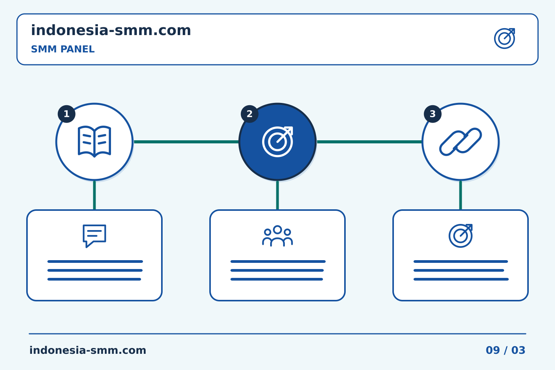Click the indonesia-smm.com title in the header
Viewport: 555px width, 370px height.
[111, 30]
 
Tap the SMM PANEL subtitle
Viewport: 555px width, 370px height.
[63, 49]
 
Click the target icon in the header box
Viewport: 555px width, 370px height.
[505, 39]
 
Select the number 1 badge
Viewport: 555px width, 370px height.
[66, 114]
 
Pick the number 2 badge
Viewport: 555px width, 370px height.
[249, 114]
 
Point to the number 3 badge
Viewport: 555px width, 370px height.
[432, 114]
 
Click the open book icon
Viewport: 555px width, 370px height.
[94, 141]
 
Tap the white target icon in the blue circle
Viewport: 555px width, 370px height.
[277, 142]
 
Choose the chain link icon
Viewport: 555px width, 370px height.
[461, 142]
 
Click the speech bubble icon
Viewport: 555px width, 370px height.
[94, 235]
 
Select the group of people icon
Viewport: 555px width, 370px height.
[277, 235]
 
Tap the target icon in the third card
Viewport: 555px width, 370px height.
[461, 235]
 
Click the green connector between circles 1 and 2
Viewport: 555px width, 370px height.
[186, 142]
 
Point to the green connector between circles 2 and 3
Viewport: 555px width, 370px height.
[369, 142]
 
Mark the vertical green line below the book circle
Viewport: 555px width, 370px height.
[94, 195]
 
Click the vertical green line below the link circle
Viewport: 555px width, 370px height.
[461, 195]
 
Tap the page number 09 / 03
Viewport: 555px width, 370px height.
[505, 350]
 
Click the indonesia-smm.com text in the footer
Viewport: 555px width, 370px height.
[88, 350]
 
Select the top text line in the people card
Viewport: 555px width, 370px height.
[278, 261]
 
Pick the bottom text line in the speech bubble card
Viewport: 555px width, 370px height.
[94, 279]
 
